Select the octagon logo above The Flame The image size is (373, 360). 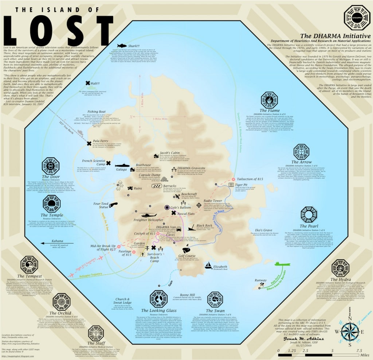pyautogui.click(x=270, y=100)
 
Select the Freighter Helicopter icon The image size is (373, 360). pyautogui.click(x=148, y=215)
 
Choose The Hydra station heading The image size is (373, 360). pyautogui.click(x=341, y=280)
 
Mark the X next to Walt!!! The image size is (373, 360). pyautogui.click(x=88, y=83)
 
